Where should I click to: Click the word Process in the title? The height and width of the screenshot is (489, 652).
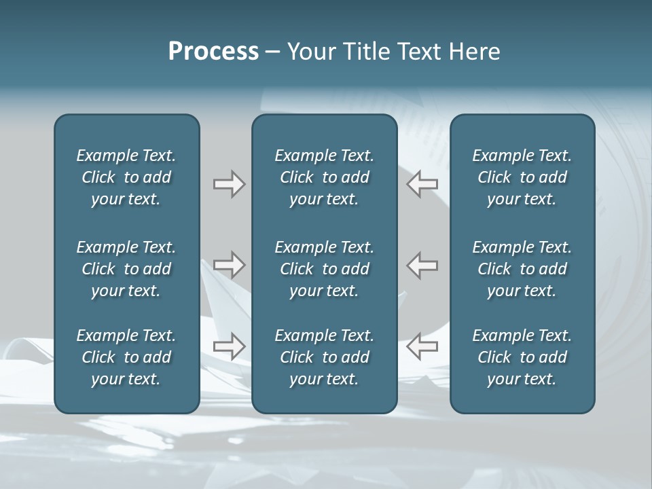(x=213, y=52)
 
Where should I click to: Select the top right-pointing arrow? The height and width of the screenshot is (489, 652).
(x=229, y=184)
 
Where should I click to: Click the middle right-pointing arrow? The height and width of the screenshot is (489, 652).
(x=229, y=264)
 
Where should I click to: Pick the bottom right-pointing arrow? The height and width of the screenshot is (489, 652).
(x=229, y=346)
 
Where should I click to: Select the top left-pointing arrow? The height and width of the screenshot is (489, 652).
(x=422, y=184)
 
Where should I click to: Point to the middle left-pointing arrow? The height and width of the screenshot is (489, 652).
(x=422, y=264)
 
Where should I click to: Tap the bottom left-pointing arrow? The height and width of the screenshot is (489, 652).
(x=422, y=346)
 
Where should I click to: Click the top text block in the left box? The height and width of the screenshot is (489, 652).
(x=126, y=177)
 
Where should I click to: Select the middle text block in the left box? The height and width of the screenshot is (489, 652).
(x=126, y=269)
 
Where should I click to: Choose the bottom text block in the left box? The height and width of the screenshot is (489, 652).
(x=126, y=357)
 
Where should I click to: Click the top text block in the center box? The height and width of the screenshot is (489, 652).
(x=325, y=177)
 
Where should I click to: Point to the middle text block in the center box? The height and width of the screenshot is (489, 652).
(x=325, y=269)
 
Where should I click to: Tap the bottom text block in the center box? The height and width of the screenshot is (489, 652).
(x=325, y=357)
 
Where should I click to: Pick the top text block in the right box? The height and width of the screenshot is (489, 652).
(x=522, y=177)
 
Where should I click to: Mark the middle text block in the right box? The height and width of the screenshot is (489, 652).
(x=522, y=269)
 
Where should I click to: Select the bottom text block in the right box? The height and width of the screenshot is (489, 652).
(x=522, y=357)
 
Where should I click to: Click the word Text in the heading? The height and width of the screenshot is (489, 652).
(x=416, y=52)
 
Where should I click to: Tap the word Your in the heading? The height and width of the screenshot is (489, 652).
(x=309, y=52)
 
